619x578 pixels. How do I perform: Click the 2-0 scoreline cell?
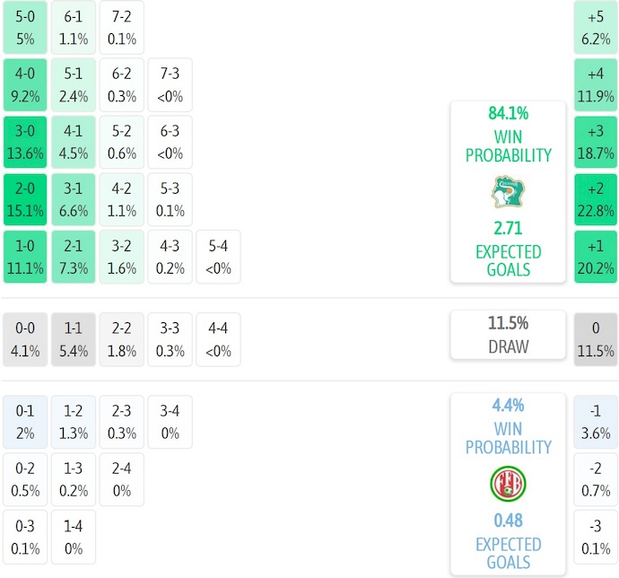tap(25, 200)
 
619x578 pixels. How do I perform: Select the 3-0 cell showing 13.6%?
tap(25, 142)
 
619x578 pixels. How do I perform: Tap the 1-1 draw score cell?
tap(74, 339)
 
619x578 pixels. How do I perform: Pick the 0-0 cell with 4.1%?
tap(25, 339)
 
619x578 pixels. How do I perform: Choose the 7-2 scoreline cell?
tap(121, 27)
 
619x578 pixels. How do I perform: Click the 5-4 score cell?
tap(218, 257)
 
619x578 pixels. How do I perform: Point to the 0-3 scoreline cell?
tap(25, 537)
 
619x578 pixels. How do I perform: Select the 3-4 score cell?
tap(170, 423)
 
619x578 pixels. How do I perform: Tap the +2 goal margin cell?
tap(596, 200)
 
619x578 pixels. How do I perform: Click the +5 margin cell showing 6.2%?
tap(596, 27)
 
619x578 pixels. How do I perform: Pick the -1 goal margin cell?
tap(596, 423)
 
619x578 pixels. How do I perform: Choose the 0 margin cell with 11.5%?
tap(596, 339)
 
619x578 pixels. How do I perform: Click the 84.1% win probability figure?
tap(508, 114)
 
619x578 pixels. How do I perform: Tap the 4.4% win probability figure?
tap(508, 405)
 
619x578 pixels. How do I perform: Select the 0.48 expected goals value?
tap(508, 521)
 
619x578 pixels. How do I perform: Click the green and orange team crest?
tap(508, 191)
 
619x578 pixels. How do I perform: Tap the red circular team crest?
tap(508, 484)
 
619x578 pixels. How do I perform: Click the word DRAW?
tap(508, 346)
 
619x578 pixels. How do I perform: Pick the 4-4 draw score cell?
tap(218, 339)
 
